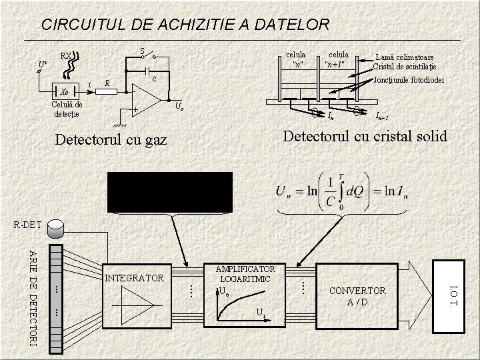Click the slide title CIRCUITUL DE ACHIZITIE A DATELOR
185,25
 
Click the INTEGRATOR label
134,277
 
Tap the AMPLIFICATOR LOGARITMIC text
245,273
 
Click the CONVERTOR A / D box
357,296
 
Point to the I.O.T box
453,296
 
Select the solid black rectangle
171,191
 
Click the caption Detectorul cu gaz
111,141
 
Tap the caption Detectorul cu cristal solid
365,137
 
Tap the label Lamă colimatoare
405,57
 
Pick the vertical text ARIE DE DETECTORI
33,297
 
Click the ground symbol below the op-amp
119,123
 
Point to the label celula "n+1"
338,59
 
